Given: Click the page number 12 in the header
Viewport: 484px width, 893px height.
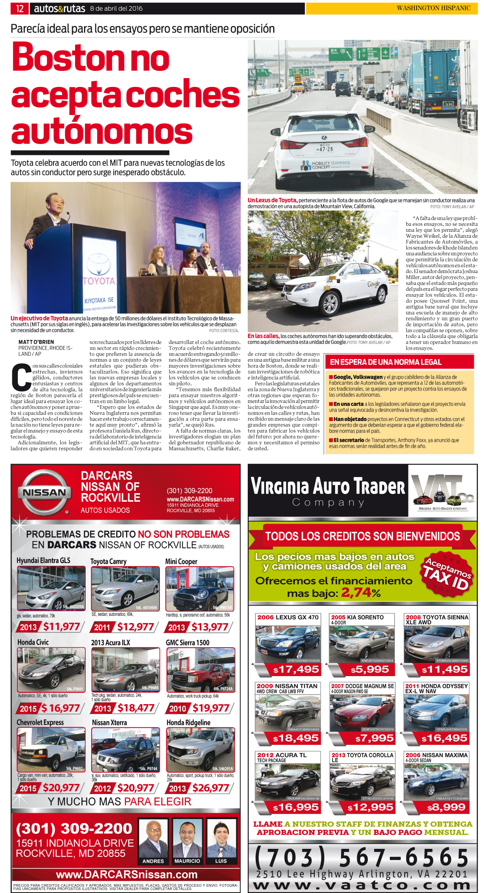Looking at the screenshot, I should tap(20, 8).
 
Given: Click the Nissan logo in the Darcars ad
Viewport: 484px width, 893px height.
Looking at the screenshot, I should tap(44, 492).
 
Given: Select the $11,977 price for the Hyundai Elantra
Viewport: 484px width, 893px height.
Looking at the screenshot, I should tap(62, 626).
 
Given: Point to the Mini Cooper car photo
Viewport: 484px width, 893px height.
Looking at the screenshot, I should tap(199, 589).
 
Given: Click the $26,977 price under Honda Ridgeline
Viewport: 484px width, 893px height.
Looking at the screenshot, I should tap(210, 788).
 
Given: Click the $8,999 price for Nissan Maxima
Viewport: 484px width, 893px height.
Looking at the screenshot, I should tap(446, 807).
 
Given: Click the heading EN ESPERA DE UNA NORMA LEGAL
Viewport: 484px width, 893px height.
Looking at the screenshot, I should tap(386, 362).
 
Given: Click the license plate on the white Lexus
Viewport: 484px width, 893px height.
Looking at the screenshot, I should tap(326, 149).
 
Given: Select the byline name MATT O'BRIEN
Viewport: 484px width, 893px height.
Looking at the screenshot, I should tap(36, 342).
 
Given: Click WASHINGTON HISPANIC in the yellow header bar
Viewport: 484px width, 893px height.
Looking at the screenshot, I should tap(433, 8).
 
